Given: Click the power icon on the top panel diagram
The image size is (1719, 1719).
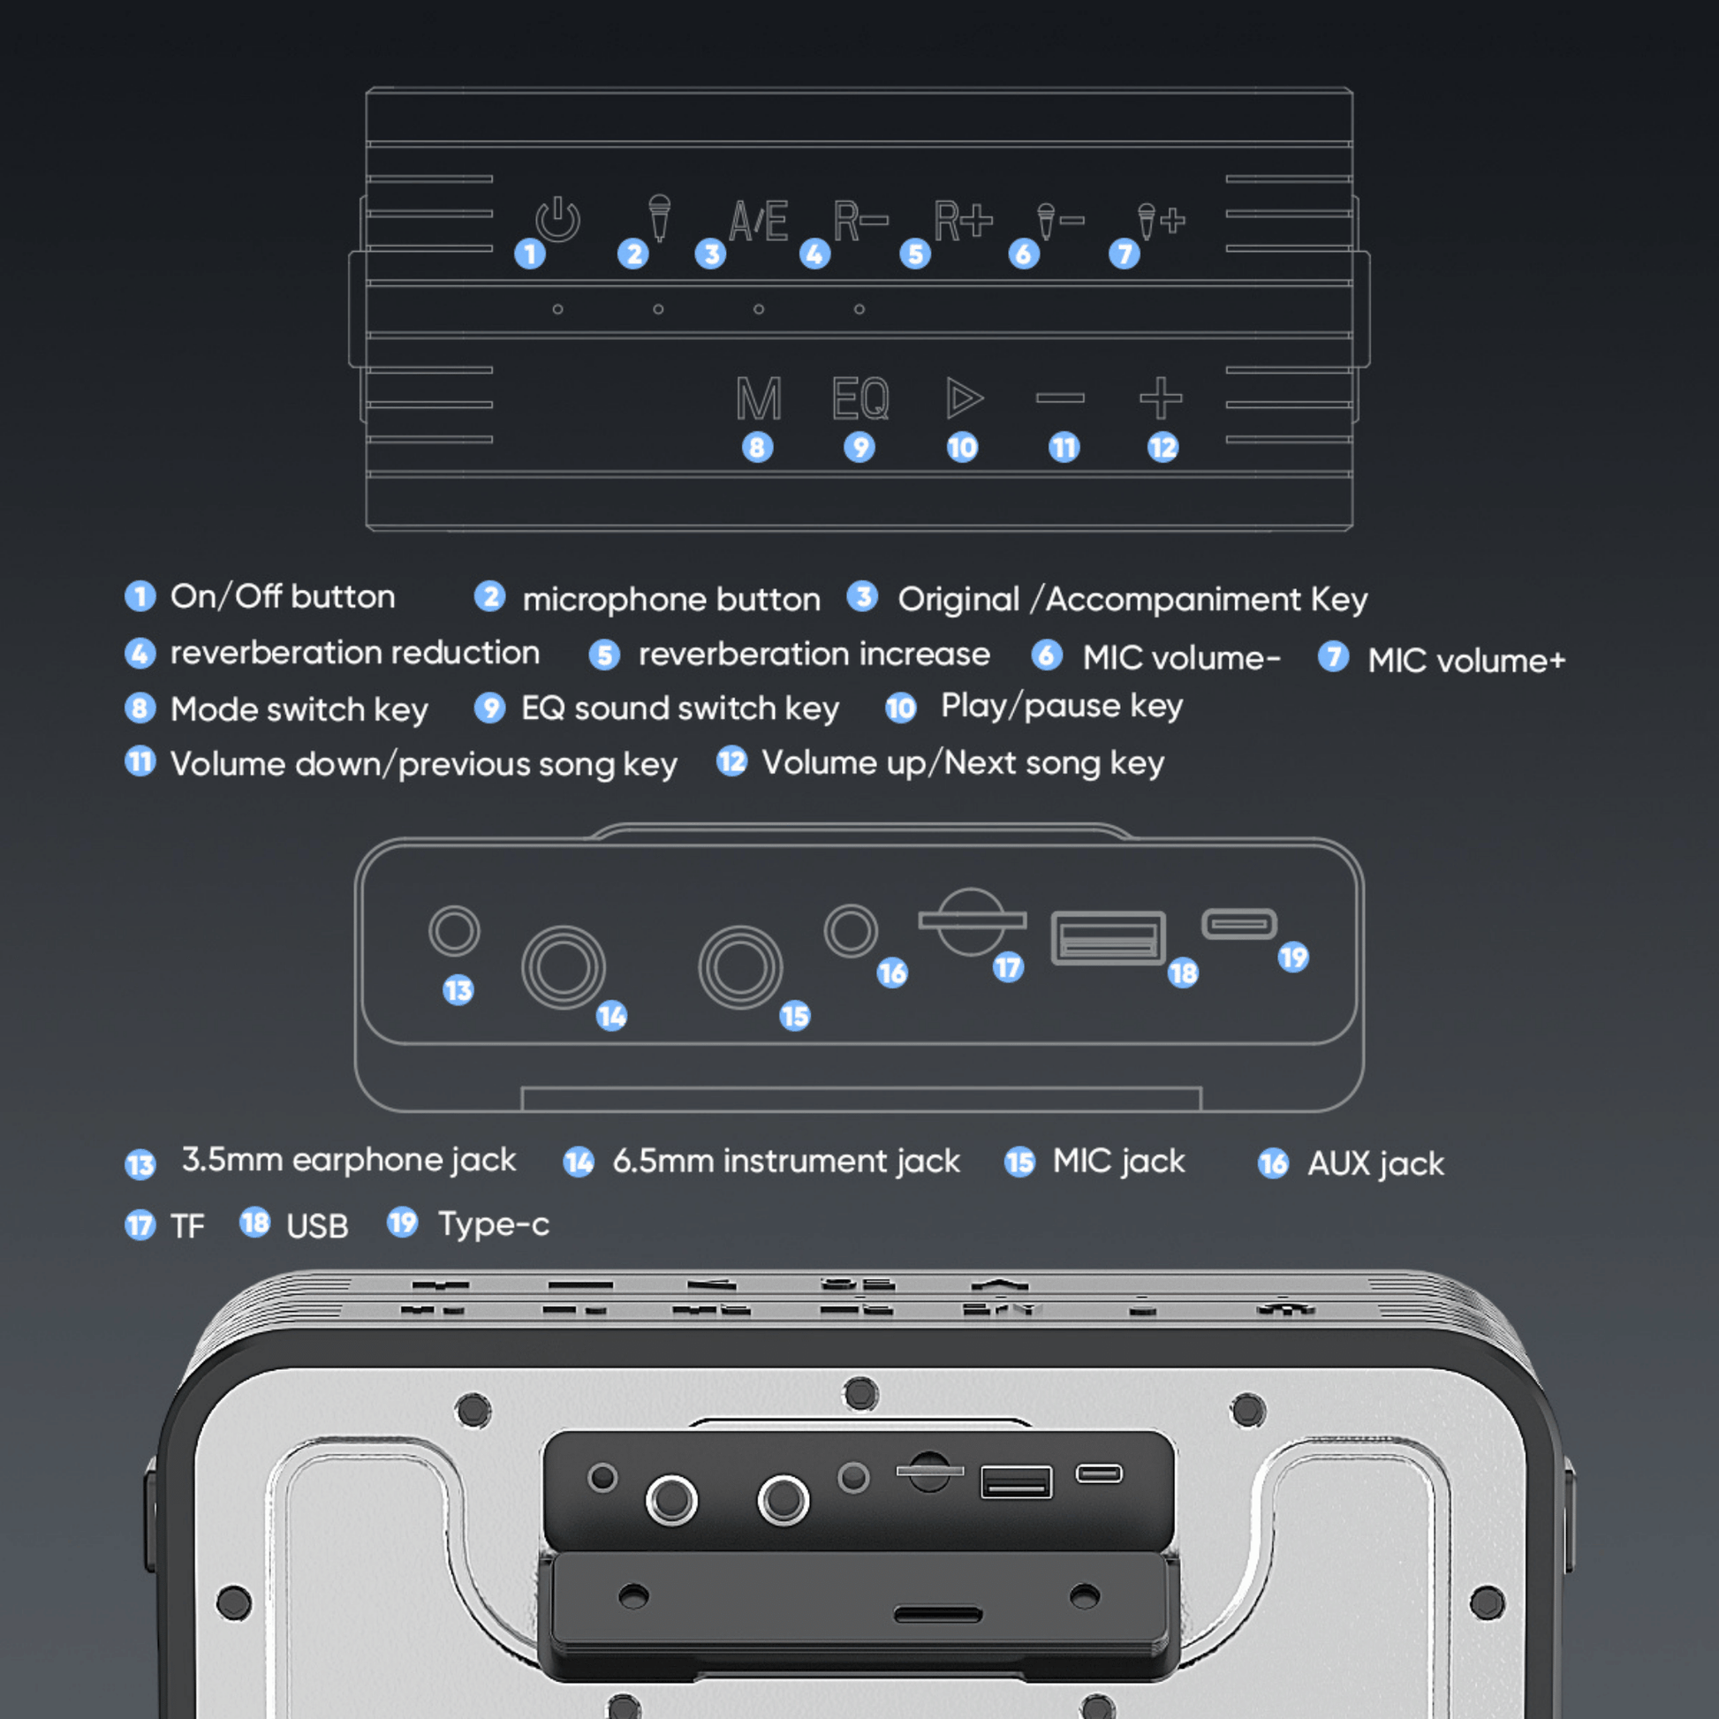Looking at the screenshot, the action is (557, 219).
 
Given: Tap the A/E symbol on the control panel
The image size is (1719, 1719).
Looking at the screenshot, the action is (758, 221).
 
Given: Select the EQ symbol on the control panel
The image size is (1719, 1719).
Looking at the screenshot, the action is (860, 398).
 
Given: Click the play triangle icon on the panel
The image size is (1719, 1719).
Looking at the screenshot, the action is (965, 398).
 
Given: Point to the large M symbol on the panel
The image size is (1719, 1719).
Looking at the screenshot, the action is (759, 398).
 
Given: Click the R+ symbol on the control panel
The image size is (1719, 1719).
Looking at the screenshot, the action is (963, 220).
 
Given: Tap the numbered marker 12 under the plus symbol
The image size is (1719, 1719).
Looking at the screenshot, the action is (1162, 447).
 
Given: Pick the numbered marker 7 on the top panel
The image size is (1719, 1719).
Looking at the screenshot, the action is (1124, 254).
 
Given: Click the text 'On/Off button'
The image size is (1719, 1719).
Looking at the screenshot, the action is (283, 596).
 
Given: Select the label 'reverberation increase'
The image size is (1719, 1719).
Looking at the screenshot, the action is (814, 654).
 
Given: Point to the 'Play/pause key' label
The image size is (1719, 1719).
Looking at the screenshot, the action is (1063, 706).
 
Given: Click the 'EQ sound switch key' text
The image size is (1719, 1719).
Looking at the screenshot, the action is (680, 708).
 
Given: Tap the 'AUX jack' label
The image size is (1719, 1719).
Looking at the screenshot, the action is (1375, 1163).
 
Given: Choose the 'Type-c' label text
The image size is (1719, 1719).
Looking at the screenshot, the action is (494, 1225).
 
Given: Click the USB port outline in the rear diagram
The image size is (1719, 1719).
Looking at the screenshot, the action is (1108, 938).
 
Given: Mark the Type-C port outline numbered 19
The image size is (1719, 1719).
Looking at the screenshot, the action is (1238, 924).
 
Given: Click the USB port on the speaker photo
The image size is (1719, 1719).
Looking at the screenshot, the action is (1016, 1482).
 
